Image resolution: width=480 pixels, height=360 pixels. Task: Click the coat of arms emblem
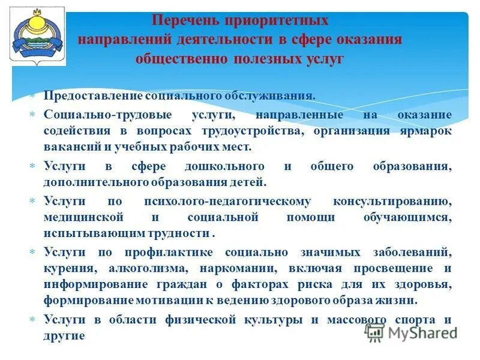(37, 37)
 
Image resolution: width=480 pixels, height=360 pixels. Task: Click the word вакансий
(68, 146)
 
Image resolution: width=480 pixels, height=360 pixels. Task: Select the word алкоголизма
(154, 268)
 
